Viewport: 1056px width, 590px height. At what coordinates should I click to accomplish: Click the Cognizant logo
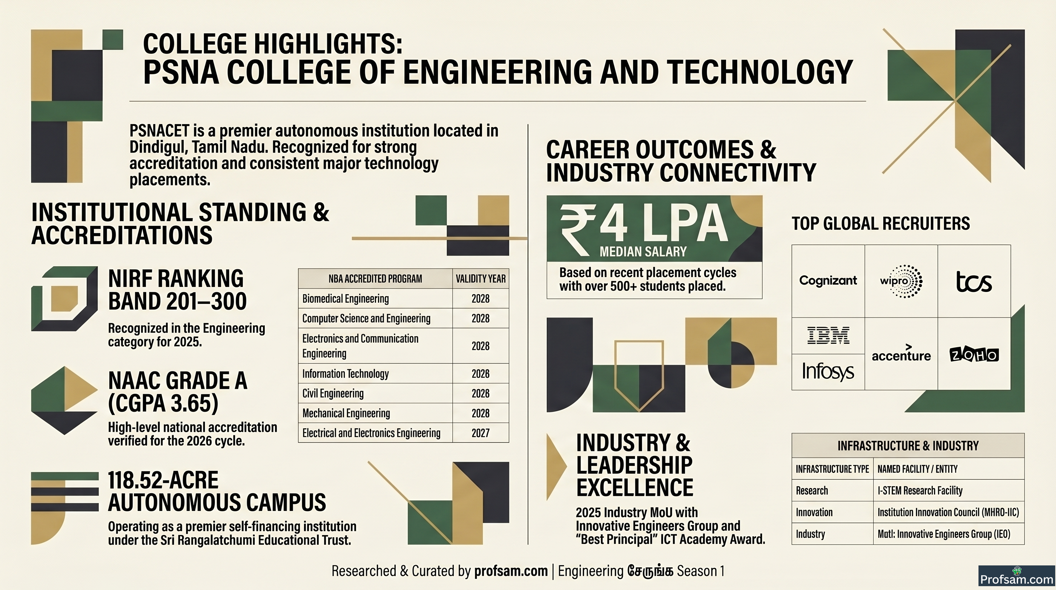pos(828,281)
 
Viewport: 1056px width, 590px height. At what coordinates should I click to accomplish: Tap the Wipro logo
pos(901,281)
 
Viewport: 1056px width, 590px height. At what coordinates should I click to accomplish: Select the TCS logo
pos(974,282)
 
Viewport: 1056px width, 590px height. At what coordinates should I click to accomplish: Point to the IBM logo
pos(828,335)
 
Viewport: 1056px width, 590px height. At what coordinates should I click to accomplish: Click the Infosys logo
pos(828,372)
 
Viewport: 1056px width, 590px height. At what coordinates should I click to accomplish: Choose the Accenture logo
pos(901,353)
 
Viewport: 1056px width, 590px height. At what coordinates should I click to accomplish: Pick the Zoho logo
pos(974,355)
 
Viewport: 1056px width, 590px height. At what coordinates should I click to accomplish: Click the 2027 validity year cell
pos(480,433)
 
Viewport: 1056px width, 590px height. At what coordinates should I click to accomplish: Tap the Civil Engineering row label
pos(333,393)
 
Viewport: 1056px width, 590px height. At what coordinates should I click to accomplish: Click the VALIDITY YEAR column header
pos(480,279)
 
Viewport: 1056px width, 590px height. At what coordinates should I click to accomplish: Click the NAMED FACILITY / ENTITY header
pos(917,469)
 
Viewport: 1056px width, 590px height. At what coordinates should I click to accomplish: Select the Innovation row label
pos(814,512)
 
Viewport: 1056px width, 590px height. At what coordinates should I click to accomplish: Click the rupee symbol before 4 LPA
pos(577,230)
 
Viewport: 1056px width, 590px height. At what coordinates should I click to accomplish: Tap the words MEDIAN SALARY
pos(643,252)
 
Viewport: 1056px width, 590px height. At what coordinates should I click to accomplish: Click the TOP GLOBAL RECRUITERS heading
pos(881,224)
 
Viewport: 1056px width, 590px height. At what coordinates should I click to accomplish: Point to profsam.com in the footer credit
pos(511,571)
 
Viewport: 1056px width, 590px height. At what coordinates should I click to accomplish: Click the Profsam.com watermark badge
pos(1016,577)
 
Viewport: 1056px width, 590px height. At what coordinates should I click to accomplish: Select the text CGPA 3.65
pos(163,403)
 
